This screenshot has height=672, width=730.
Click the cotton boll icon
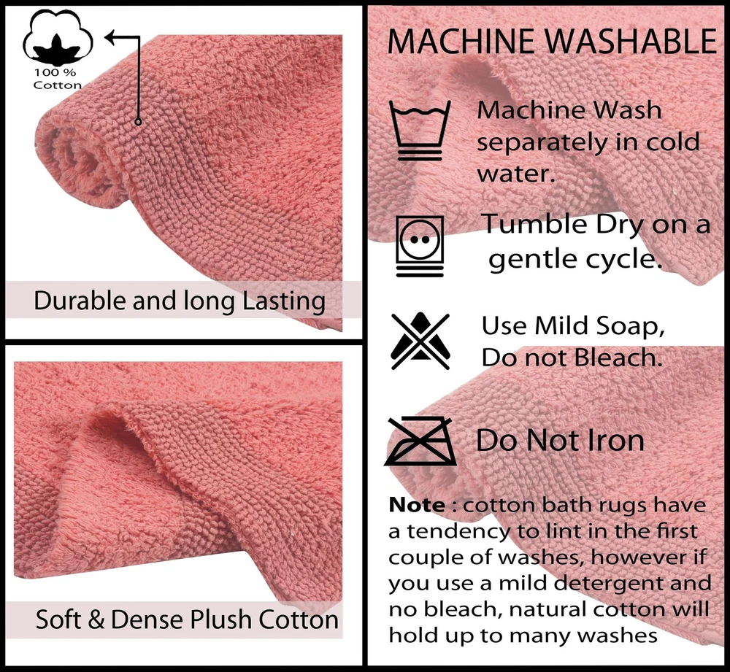[58, 37]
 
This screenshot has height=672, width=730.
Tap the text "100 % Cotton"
[57, 79]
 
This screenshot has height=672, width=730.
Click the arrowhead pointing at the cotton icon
[111, 36]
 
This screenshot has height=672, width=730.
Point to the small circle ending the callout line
[138, 121]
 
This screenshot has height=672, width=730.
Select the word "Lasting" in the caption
[284, 301]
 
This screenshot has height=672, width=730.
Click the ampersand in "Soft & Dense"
[96, 620]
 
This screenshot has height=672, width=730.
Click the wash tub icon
[420, 131]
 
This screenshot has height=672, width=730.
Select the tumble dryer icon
[420, 246]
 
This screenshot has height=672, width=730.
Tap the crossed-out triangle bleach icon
[420, 341]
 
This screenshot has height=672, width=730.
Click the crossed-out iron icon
[420, 441]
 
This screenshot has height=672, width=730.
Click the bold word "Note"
[417, 505]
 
